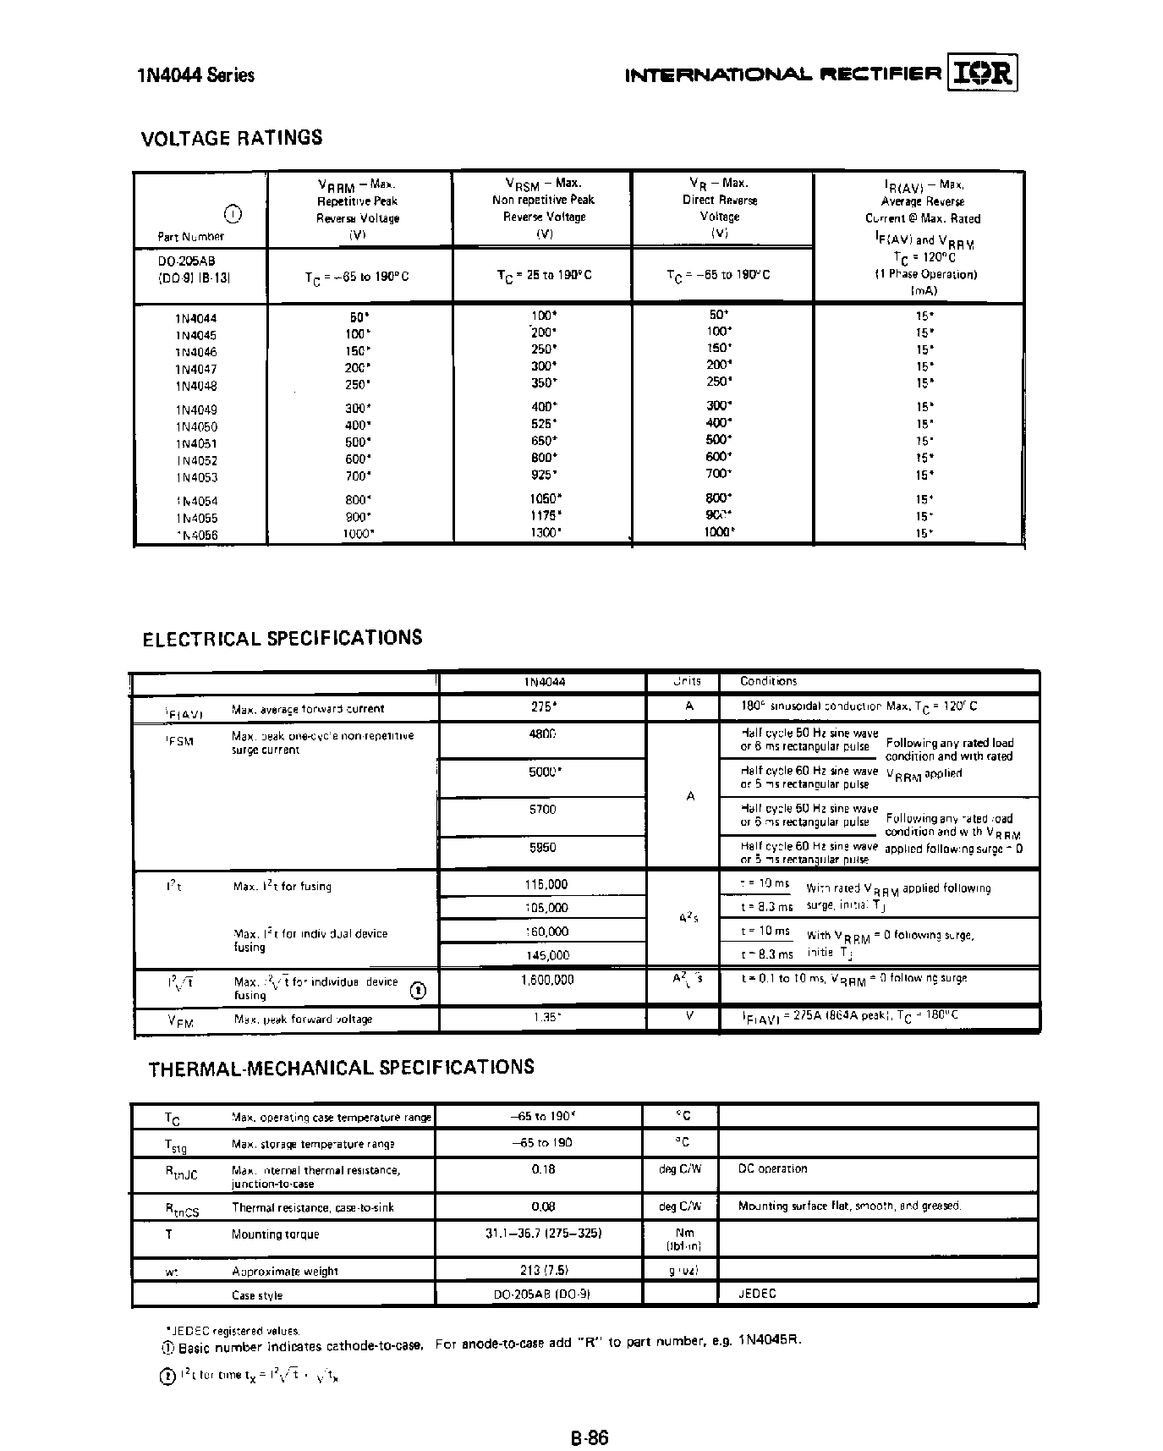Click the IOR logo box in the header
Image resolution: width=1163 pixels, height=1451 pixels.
(982, 74)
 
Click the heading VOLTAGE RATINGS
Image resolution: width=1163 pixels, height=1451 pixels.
(231, 138)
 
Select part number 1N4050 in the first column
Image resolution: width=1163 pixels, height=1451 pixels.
(196, 426)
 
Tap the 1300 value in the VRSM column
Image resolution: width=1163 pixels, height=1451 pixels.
(545, 533)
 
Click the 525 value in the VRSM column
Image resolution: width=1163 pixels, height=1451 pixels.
(544, 424)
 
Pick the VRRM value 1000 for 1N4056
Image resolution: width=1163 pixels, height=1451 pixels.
(358, 534)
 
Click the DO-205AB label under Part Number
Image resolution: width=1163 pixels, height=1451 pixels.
(187, 261)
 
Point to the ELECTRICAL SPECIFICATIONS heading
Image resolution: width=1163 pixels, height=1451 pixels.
(282, 638)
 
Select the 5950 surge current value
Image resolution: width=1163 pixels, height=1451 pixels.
(542, 847)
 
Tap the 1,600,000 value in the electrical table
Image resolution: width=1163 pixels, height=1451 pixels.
(546, 980)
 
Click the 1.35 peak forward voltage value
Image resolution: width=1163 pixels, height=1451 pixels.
(546, 1018)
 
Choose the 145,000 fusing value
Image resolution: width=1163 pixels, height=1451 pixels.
(546, 955)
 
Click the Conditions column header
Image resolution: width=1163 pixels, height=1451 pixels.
(768, 681)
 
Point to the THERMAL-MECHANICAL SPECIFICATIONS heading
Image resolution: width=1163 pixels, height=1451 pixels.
(341, 1067)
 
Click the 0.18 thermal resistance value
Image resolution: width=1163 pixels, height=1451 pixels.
(543, 1169)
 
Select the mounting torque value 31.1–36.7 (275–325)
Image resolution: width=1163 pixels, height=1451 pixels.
(543, 1234)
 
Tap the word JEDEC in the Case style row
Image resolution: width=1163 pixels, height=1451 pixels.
(756, 1294)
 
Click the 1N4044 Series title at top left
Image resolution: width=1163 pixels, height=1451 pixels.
(195, 75)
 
